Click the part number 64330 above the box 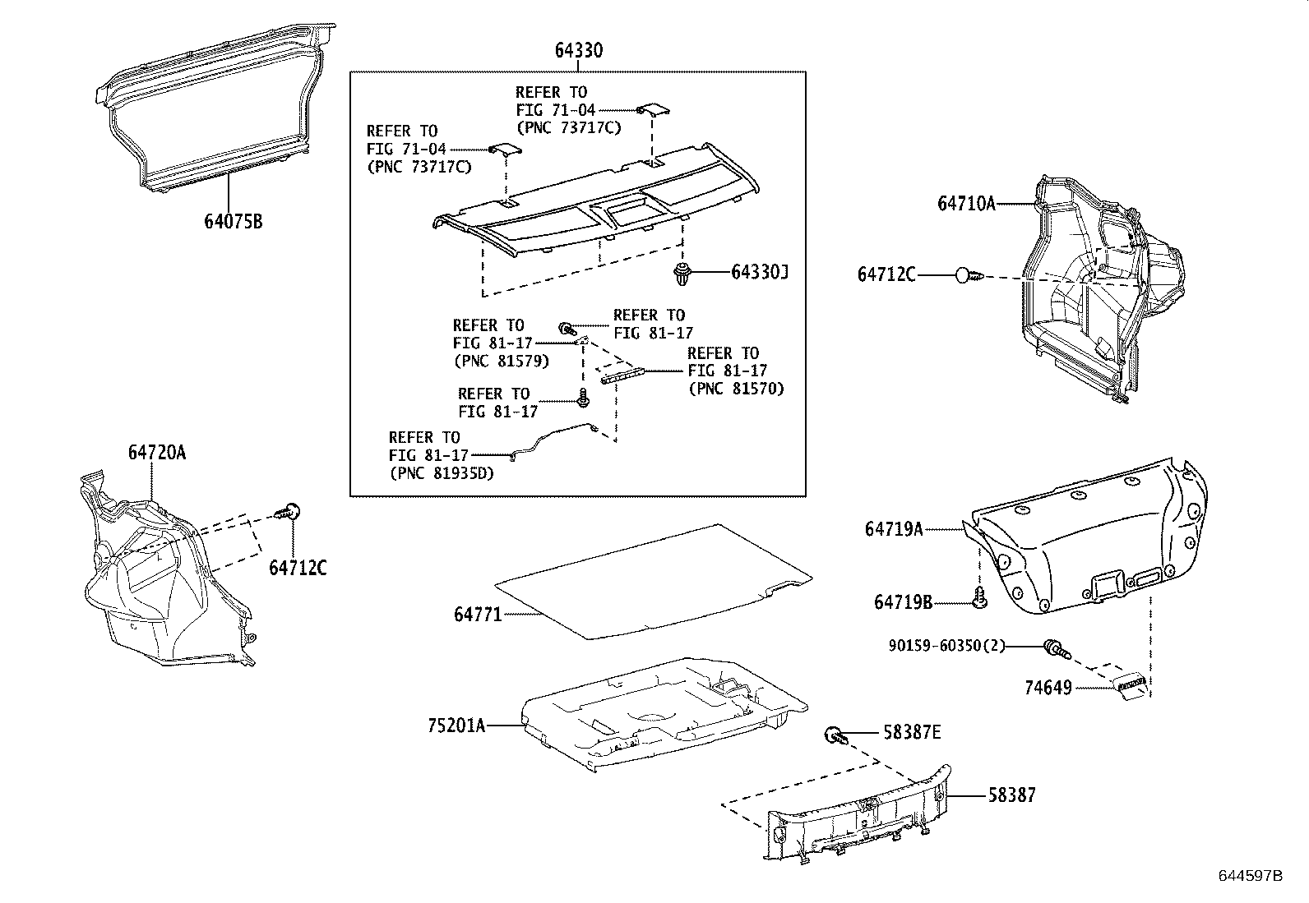tap(578, 51)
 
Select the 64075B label tap(234, 221)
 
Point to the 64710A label tap(965, 203)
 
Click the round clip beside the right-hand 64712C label tap(967, 275)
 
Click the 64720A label tap(156, 452)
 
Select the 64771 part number tap(477, 614)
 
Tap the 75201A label tap(456, 726)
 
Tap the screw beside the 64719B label tap(979, 599)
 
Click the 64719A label tap(893, 530)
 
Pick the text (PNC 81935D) tap(441, 473)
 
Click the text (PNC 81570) tap(736, 389)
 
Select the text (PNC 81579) tap(500, 361)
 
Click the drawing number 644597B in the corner tap(1250, 876)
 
